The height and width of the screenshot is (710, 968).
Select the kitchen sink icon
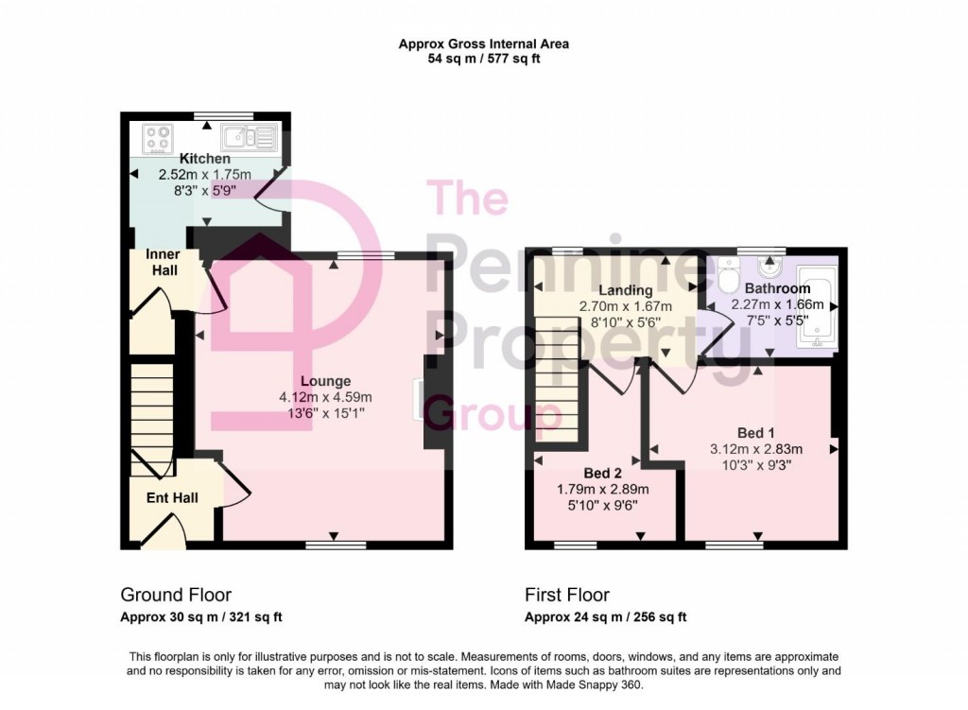(x=249, y=138)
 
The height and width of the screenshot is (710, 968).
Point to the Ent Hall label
(x=171, y=497)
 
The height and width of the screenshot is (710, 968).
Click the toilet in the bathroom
(x=729, y=276)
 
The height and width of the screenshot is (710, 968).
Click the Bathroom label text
(x=777, y=288)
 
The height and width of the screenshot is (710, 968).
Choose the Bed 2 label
(x=602, y=473)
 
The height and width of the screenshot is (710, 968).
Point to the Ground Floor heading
(x=176, y=595)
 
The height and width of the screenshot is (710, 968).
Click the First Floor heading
(x=567, y=595)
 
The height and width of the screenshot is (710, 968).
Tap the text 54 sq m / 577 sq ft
(x=483, y=59)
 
